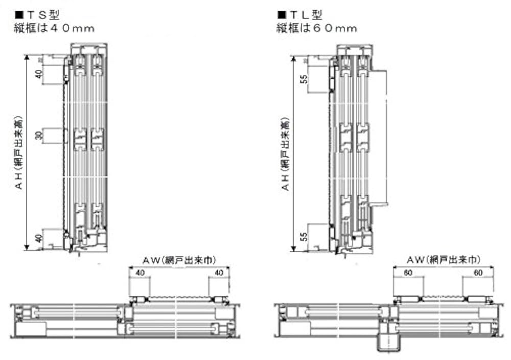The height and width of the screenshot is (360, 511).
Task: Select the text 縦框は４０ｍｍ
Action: pos(54,28)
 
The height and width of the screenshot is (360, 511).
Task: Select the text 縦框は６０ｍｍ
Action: pos(316,28)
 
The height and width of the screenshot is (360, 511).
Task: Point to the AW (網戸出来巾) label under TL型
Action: pos(444,260)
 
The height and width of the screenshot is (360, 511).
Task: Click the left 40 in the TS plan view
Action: pos(138,273)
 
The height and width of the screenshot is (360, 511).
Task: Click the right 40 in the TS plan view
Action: pos(219,273)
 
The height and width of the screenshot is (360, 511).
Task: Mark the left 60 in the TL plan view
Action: pos(408,273)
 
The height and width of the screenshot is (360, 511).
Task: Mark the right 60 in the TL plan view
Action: pos(478,273)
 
